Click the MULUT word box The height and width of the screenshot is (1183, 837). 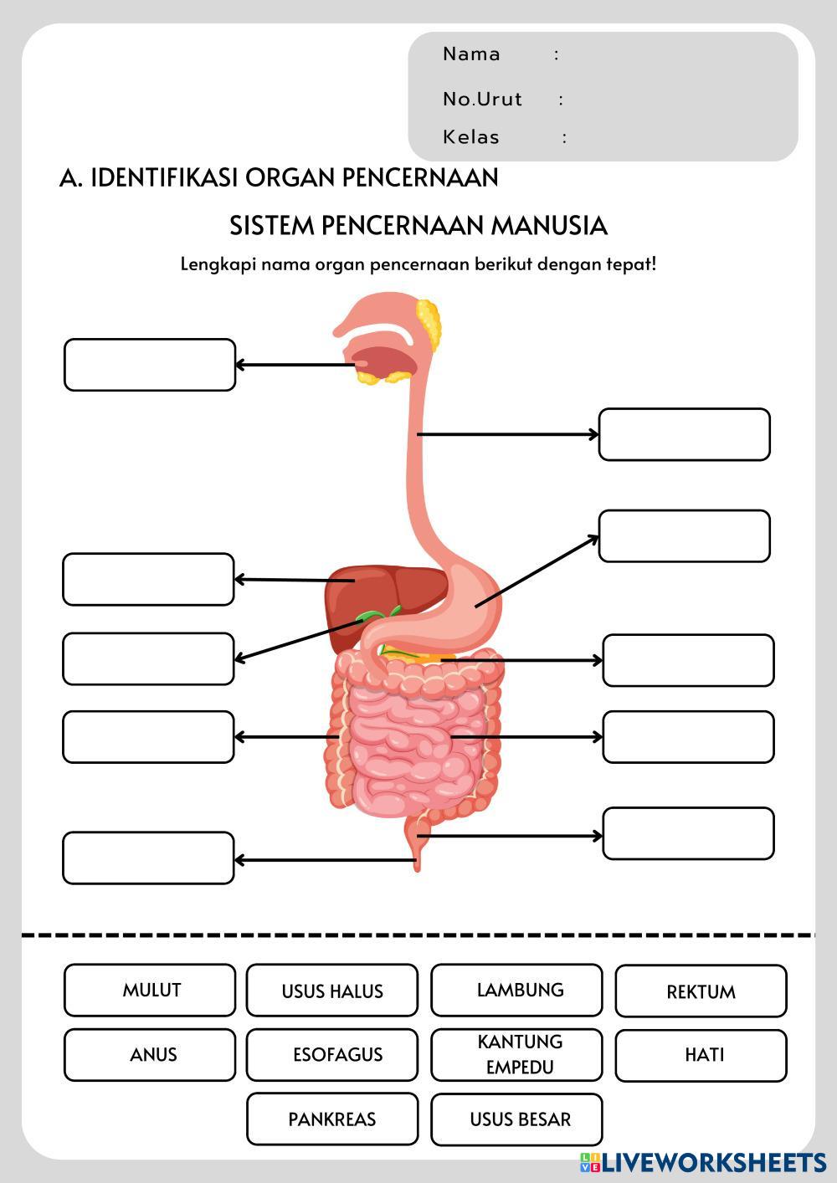[x=150, y=991]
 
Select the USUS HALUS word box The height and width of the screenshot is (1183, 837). [x=332, y=991]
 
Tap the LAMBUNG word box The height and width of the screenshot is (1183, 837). [x=516, y=991]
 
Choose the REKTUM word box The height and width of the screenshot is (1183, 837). [x=701, y=991]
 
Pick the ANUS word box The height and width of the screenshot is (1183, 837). [x=150, y=1055]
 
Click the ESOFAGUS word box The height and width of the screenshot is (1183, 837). [x=332, y=1055]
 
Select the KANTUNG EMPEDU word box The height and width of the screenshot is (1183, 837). [x=516, y=1054]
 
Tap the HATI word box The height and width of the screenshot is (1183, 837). [x=701, y=1055]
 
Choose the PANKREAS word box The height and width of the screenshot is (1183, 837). [x=332, y=1119]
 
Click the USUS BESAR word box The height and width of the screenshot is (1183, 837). [x=516, y=1119]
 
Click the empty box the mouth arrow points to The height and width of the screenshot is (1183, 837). [x=150, y=365]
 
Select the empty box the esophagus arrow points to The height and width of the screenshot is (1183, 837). [x=685, y=434]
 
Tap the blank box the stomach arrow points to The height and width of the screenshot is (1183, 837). [x=685, y=536]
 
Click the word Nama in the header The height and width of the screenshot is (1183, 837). [x=471, y=54]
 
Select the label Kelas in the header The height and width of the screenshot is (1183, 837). [x=470, y=137]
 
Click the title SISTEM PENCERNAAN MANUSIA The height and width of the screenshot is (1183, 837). [x=418, y=226]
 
